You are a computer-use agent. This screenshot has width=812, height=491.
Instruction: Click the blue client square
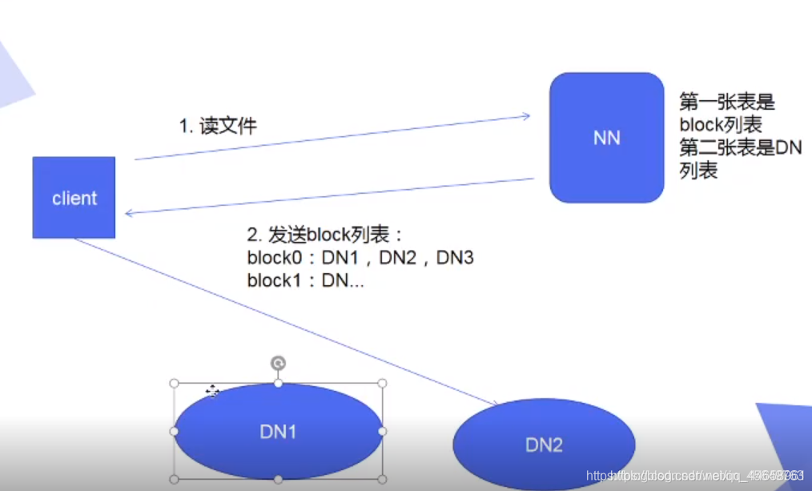pyautogui.click(x=74, y=197)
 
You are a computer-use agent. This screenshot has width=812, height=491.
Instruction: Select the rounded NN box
pyautogui.click(x=606, y=138)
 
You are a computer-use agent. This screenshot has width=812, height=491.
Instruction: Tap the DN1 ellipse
pyautogui.click(x=278, y=431)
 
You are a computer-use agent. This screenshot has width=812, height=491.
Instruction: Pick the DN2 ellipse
pyautogui.click(x=544, y=445)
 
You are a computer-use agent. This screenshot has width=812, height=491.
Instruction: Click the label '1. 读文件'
pyautogui.click(x=217, y=126)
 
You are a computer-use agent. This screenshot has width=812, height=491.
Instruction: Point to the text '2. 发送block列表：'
pyautogui.click(x=326, y=235)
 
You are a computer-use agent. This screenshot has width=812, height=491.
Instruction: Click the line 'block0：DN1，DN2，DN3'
pyautogui.click(x=361, y=258)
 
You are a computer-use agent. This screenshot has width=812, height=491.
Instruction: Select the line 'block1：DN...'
pyautogui.click(x=305, y=280)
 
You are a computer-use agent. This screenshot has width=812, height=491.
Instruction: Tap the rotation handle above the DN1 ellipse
pyautogui.click(x=278, y=364)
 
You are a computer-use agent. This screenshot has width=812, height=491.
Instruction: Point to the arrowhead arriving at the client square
pyautogui.click(x=129, y=213)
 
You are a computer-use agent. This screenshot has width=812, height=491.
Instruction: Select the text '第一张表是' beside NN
pyautogui.click(x=727, y=103)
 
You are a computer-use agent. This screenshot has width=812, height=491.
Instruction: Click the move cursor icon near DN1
pyautogui.click(x=212, y=391)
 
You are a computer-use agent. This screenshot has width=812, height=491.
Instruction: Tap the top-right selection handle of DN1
pyautogui.click(x=382, y=384)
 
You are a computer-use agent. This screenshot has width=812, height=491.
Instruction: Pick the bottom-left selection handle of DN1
pyautogui.click(x=174, y=479)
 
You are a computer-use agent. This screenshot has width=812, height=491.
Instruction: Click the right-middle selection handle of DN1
pyautogui.click(x=382, y=431)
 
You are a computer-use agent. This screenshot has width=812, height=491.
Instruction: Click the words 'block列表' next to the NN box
pyautogui.click(x=720, y=125)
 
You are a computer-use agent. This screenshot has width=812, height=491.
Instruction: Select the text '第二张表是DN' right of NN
pyautogui.click(x=740, y=147)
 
